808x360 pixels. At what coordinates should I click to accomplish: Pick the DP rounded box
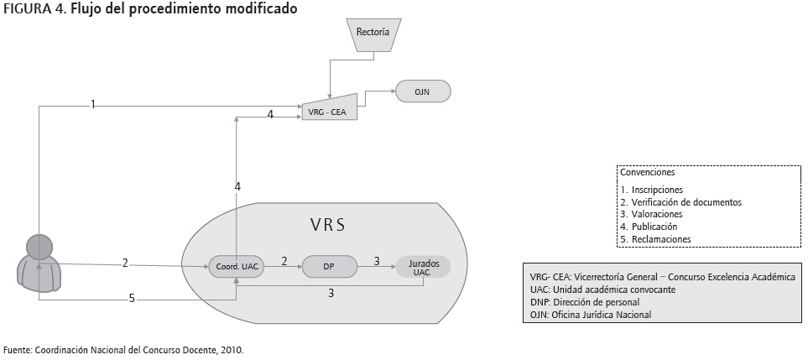[330, 266]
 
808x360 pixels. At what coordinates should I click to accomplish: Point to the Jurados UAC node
[424, 267]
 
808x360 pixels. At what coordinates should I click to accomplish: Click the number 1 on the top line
[93, 105]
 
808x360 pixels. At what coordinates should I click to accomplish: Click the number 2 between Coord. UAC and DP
[284, 261]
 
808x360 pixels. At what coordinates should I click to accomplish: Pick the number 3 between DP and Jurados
[377, 261]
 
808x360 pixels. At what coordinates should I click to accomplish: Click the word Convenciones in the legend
[648, 172]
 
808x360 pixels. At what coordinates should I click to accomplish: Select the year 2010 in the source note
[231, 349]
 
